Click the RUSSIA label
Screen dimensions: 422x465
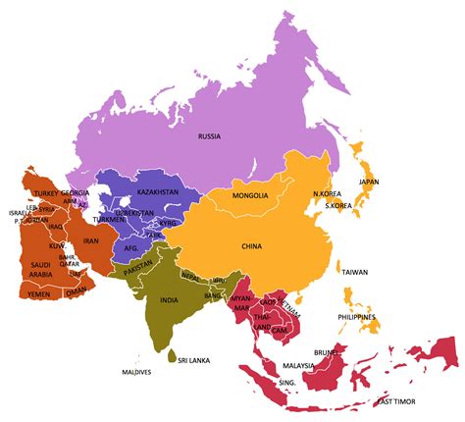click(x=209, y=136)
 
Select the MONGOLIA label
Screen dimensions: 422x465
click(x=250, y=196)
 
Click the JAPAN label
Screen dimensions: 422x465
click(x=368, y=182)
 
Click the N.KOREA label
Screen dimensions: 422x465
click(x=326, y=194)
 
